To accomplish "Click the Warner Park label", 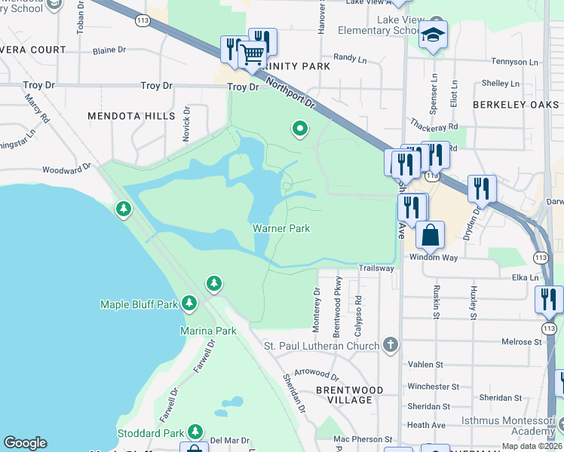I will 280,228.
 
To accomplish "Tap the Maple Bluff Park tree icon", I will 189,303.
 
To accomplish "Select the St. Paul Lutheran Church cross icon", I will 389,345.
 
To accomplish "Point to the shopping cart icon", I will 252,53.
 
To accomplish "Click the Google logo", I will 25,442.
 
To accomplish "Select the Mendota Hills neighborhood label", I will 131,116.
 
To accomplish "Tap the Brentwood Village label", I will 349,395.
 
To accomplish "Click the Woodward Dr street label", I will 66,169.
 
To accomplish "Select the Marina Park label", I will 208,331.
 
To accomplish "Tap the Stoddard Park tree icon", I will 195,431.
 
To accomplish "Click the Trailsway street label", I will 376,267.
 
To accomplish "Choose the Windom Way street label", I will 434,257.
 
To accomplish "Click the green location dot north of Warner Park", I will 300,129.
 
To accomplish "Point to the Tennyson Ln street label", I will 515,62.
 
